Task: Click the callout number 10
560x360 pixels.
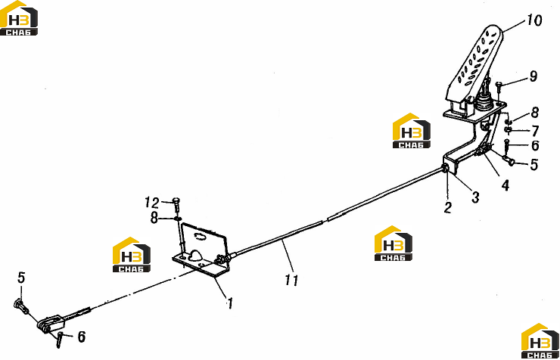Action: (534, 20)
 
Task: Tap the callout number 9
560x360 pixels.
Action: (534, 76)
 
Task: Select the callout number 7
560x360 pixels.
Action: (534, 131)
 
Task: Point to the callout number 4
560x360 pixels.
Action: (506, 185)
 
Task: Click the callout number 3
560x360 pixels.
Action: (475, 197)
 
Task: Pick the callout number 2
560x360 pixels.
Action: (448, 207)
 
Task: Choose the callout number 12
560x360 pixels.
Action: (152, 203)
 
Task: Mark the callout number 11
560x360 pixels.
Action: (291, 280)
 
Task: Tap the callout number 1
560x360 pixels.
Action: (230, 303)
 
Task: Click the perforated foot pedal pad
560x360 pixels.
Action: (474, 64)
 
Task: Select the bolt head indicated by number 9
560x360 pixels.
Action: (499, 84)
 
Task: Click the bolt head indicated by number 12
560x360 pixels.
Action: (177, 200)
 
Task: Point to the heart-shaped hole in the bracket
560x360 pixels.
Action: (195, 254)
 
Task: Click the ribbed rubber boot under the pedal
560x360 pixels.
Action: (483, 101)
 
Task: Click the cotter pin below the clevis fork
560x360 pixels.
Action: (59, 340)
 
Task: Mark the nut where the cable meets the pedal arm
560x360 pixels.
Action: (446, 169)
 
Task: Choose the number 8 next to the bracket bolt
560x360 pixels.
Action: (154, 218)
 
